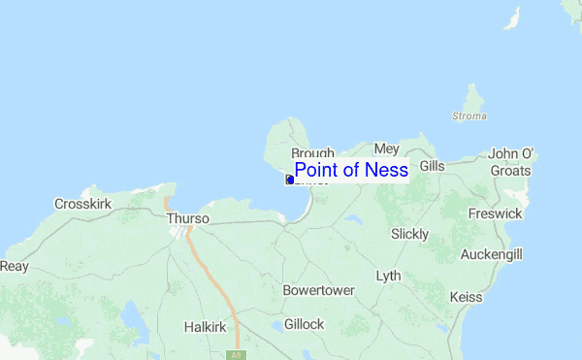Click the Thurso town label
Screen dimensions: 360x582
coord(187,218)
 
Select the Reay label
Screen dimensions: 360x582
coord(14,266)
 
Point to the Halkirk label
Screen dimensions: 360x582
coord(205,327)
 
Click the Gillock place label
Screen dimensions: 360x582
coord(304,324)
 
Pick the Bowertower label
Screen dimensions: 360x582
coord(318,290)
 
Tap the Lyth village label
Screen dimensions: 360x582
coord(388,276)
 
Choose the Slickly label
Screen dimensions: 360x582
coord(408,234)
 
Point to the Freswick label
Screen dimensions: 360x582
coord(495,213)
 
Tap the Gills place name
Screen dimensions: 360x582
coord(432,166)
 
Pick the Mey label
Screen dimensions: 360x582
coord(386,148)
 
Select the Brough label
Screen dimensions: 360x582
coord(312,153)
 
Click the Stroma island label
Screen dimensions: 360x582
coord(469,116)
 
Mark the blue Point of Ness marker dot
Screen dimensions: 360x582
coord(289,180)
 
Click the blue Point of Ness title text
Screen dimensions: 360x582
coord(351,170)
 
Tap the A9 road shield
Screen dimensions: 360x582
coord(234,355)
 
